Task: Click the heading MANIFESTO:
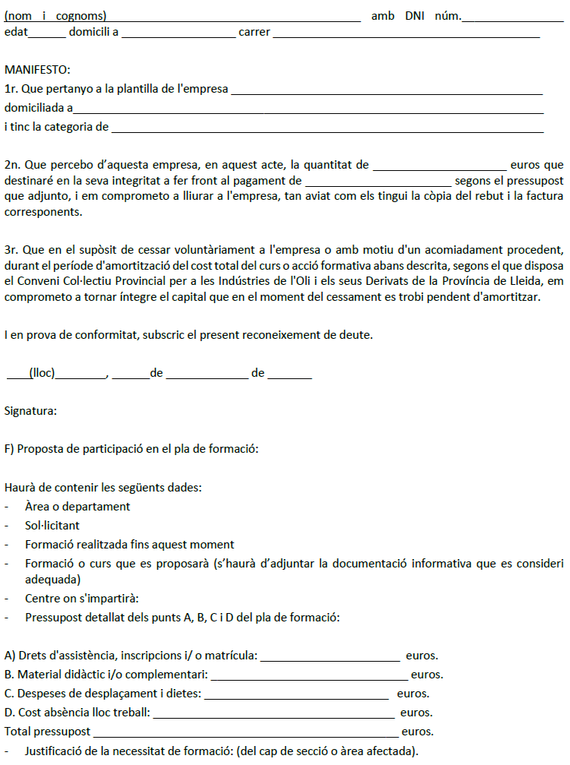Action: click(37, 70)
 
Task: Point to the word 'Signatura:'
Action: click(30, 411)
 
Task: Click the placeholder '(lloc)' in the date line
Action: click(43, 373)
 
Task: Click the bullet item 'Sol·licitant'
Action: click(52, 526)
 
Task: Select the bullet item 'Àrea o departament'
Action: click(78, 507)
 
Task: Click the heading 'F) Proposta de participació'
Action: click(132, 449)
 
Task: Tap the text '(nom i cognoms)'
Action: click(55, 16)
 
